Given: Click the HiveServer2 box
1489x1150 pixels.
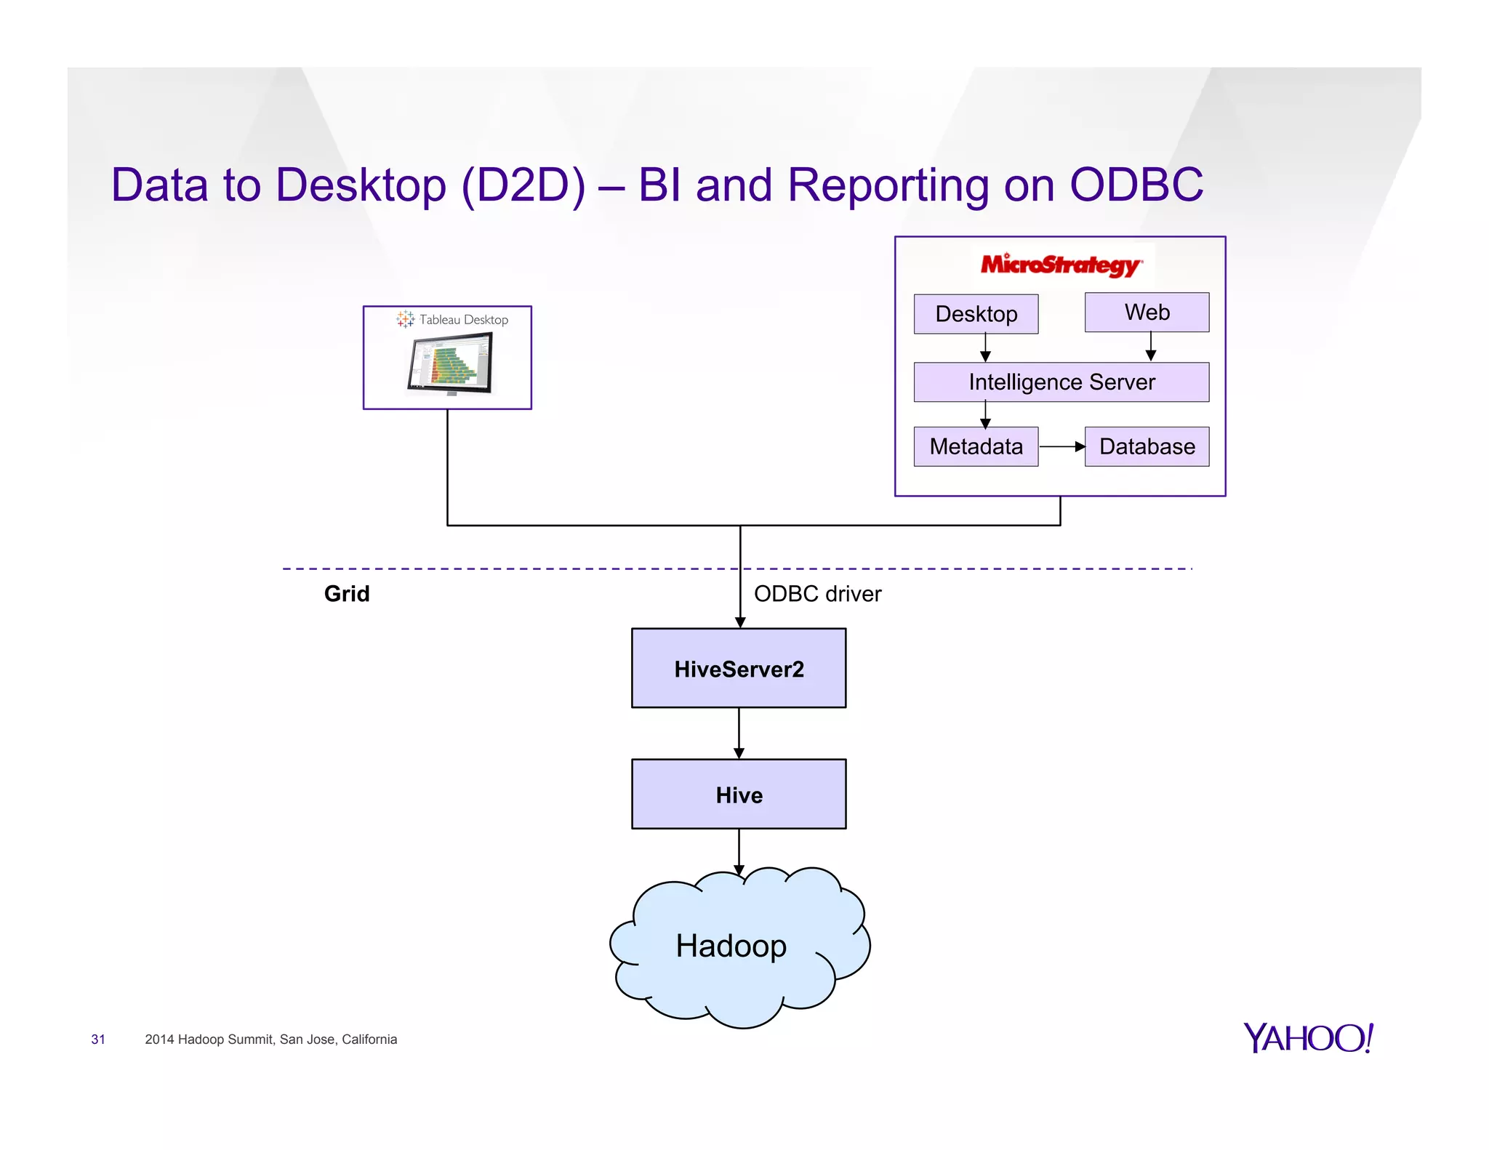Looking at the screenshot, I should tap(739, 668).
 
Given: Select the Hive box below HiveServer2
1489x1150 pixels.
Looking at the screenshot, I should tap(739, 794).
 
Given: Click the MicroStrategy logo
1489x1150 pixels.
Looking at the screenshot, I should tap(1061, 265).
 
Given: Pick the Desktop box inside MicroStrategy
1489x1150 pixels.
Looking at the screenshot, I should tap(976, 314).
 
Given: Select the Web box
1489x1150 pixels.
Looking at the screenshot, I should tap(1147, 313).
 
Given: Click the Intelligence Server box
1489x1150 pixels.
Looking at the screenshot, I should tap(1061, 382).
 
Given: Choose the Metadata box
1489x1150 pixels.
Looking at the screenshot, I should tap(976, 446).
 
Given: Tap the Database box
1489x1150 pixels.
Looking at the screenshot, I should tap(1147, 446).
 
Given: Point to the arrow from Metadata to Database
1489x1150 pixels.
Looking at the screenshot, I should tap(1061, 446).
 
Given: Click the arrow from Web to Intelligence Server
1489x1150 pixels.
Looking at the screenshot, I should tap(1150, 347).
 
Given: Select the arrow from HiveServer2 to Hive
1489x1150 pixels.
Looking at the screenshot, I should tap(739, 733).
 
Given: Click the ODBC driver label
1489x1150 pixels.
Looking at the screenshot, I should tap(817, 594).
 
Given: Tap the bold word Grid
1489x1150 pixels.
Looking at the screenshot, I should tap(347, 594).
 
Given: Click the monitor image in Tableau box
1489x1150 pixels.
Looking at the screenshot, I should tap(450, 363).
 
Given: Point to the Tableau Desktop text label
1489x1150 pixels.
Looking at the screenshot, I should tap(463, 320).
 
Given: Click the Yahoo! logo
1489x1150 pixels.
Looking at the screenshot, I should tap(1308, 1038).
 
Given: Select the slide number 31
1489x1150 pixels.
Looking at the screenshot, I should tap(98, 1040).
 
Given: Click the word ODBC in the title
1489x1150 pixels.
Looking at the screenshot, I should tap(1136, 185).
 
